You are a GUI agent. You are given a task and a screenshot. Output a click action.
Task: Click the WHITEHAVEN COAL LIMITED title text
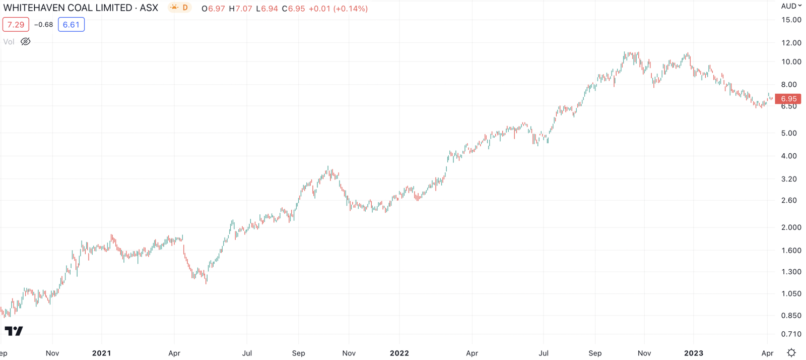tap(81, 8)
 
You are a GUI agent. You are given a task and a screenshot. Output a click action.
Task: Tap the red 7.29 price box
tap(16, 25)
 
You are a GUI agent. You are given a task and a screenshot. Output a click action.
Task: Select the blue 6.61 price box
tap(71, 25)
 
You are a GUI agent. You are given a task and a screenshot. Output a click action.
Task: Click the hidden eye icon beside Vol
tap(26, 42)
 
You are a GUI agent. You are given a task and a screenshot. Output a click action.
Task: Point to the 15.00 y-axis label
tap(791, 20)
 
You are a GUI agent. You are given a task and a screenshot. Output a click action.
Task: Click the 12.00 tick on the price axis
tap(791, 43)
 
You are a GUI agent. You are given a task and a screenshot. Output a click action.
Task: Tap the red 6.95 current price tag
tap(788, 99)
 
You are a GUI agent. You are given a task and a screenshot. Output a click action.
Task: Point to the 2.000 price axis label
tap(791, 227)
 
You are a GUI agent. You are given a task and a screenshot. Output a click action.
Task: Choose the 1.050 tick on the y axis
tap(791, 294)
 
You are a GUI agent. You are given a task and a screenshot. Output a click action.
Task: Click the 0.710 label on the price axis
tap(791, 334)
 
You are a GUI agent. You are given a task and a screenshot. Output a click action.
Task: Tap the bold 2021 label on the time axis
tap(101, 353)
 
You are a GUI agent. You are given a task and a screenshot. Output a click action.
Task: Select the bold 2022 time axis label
tap(399, 353)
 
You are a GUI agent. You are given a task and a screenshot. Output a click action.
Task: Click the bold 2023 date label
tap(693, 353)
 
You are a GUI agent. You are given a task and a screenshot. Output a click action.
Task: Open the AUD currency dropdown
tap(791, 6)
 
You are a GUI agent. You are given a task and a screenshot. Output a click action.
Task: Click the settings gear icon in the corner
tap(791, 352)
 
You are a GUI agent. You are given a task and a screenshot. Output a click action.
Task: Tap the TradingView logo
tap(14, 331)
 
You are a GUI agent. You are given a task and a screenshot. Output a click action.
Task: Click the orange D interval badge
tap(185, 8)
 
